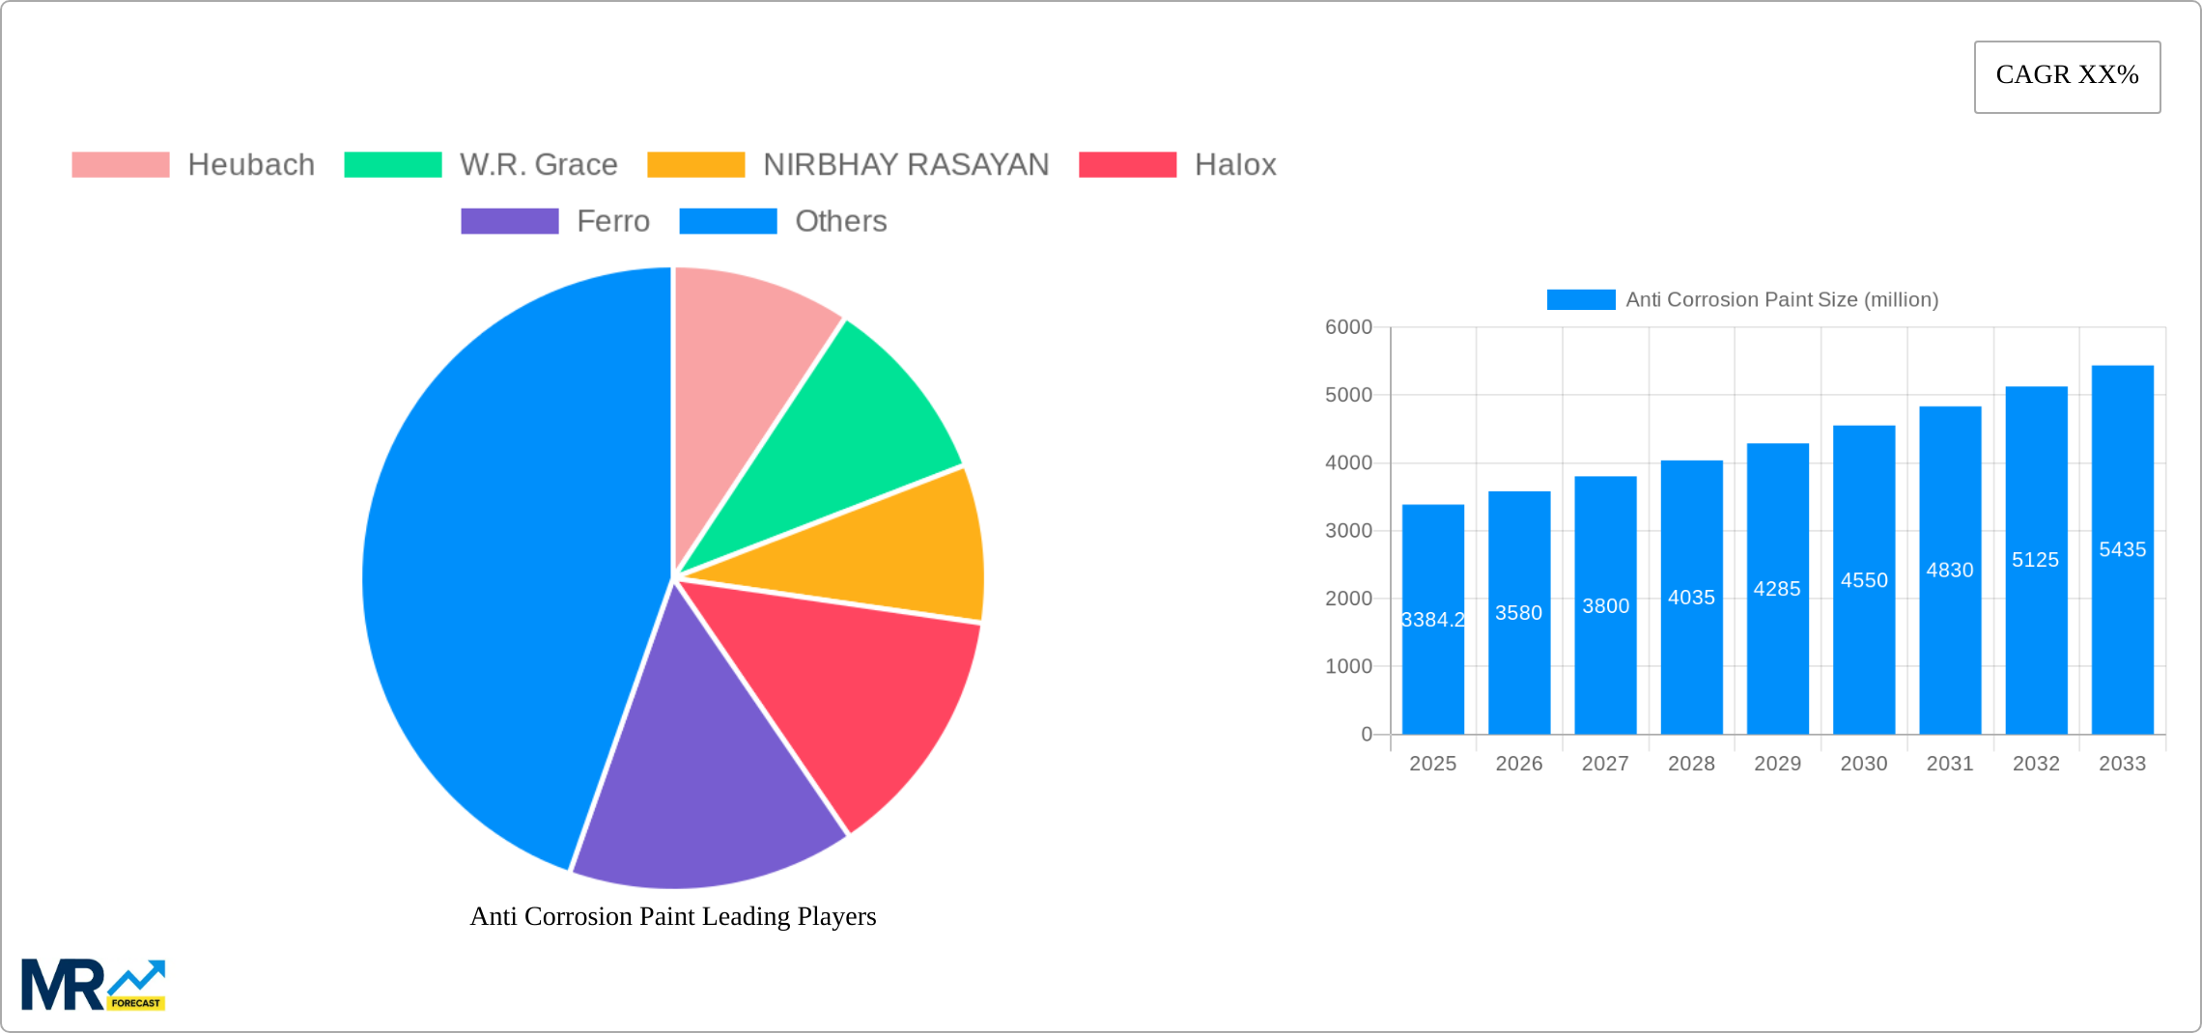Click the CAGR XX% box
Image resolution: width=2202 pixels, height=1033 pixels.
pyautogui.click(x=2067, y=76)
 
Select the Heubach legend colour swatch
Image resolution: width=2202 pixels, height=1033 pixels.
pyautogui.click(x=121, y=165)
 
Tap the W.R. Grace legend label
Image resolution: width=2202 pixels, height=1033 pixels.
pyautogui.click(x=538, y=165)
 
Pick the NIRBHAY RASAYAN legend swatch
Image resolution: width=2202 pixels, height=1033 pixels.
pyautogui.click(x=695, y=165)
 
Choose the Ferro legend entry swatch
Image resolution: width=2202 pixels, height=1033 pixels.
pyautogui.click(x=509, y=221)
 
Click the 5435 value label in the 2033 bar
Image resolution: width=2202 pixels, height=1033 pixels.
pyautogui.click(x=2122, y=549)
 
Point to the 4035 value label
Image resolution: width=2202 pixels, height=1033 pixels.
pyautogui.click(x=1691, y=598)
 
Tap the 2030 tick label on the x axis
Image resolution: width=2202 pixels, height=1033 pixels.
pyautogui.click(x=1863, y=764)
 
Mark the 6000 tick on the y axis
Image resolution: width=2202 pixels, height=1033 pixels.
pyautogui.click(x=1348, y=327)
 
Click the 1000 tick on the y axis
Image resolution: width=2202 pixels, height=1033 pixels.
pyautogui.click(x=1348, y=666)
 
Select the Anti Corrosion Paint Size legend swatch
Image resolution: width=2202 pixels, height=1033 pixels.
pyautogui.click(x=1580, y=299)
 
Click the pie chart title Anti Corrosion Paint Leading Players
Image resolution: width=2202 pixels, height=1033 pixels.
pyautogui.click(x=673, y=916)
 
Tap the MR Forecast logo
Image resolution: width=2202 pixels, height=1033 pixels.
pyautogui.click(x=94, y=985)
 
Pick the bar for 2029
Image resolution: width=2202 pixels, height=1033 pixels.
pyautogui.click(x=1777, y=656)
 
